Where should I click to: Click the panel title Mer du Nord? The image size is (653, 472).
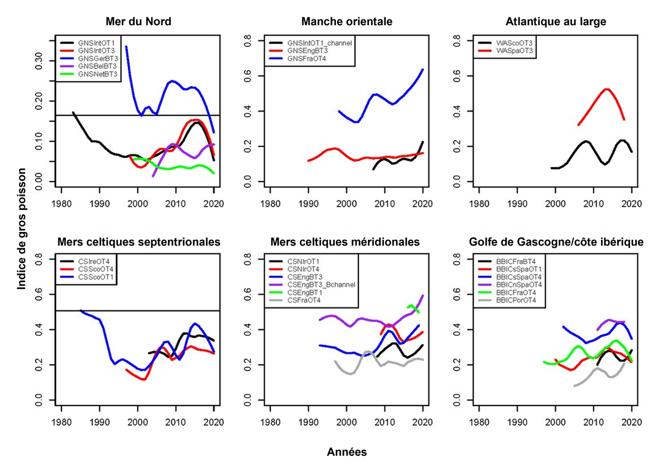tap(138, 22)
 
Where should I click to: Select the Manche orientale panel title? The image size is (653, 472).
tap(347, 22)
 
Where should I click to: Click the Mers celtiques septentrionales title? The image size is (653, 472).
tap(138, 242)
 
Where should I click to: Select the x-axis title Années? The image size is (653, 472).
tap(347, 452)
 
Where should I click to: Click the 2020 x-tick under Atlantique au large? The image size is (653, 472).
tap(631, 204)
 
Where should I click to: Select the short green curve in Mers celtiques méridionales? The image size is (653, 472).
tap(414, 307)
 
